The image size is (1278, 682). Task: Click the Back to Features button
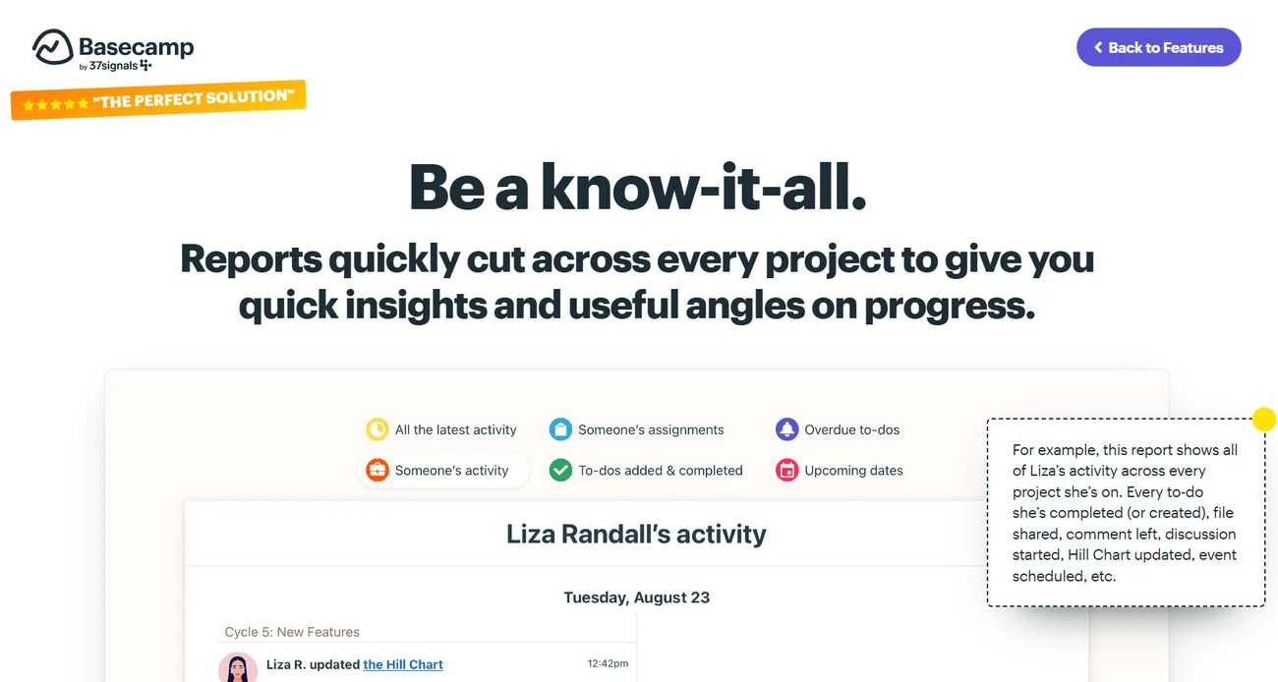(1158, 47)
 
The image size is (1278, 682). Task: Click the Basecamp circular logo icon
(52, 47)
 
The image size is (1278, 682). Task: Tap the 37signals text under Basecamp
(113, 66)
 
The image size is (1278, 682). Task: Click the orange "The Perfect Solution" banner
(158, 100)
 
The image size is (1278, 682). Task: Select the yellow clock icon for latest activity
(378, 429)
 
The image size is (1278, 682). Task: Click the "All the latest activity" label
(455, 429)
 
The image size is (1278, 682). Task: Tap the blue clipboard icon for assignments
(560, 429)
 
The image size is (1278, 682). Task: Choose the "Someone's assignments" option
(651, 429)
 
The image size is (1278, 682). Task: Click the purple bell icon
(786, 429)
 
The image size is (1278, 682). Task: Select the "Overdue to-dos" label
(851, 429)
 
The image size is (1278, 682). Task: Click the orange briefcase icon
(378, 470)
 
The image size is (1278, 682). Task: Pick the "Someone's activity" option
(451, 471)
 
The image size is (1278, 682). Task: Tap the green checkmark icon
(560, 470)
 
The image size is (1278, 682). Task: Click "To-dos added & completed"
(660, 471)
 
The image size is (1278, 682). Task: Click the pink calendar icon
(786, 470)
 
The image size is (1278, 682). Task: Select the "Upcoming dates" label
(853, 471)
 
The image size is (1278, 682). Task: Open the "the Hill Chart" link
(403, 664)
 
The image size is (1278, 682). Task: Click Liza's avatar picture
(237, 667)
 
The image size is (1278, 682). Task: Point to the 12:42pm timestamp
(608, 663)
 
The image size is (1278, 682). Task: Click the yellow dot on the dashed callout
(1264, 419)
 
